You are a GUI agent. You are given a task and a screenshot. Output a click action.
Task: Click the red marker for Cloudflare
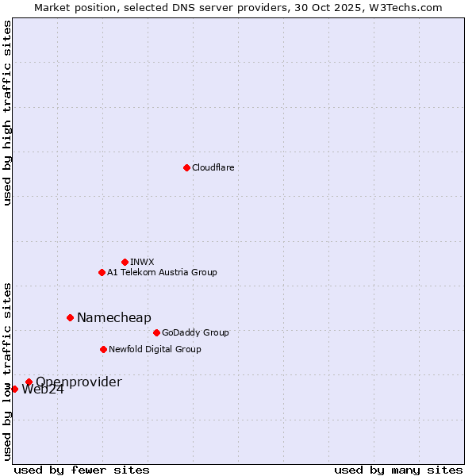[x=186, y=167]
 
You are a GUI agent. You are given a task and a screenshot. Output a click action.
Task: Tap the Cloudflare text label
[x=213, y=167]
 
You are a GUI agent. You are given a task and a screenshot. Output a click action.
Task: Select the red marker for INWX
[x=125, y=262]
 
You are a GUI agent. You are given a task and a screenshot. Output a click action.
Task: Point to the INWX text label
[x=142, y=262]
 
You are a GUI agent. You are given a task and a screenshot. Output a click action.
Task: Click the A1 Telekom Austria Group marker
[x=102, y=272]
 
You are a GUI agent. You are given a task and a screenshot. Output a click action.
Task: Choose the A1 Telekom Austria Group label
[x=162, y=272]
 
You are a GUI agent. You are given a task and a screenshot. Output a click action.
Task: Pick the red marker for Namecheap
[x=70, y=317]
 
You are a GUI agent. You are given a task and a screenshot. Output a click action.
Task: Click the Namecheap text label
[x=113, y=317]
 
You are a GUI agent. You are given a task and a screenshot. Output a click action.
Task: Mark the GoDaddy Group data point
[x=156, y=332]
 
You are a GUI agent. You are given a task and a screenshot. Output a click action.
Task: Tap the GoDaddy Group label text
[x=195, y=332]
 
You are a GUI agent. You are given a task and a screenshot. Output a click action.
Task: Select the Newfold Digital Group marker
[x=103, y=349]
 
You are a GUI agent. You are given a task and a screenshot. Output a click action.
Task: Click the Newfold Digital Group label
[x=155, y=349]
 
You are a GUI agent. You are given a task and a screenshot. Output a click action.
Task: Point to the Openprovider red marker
[x=29, y=382]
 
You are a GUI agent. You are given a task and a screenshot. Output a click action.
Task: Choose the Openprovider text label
[x=79, y=382]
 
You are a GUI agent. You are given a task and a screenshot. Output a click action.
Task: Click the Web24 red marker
[x=14, y=389]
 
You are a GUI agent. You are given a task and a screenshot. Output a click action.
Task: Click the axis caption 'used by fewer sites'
[x=82, y=470]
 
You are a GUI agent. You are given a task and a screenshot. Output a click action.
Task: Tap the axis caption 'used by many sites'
[x=398, y=470]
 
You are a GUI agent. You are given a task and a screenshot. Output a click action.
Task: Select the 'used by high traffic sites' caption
[x=7, y=113]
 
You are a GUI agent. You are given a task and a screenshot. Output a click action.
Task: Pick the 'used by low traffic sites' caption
[x=7, y=370]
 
